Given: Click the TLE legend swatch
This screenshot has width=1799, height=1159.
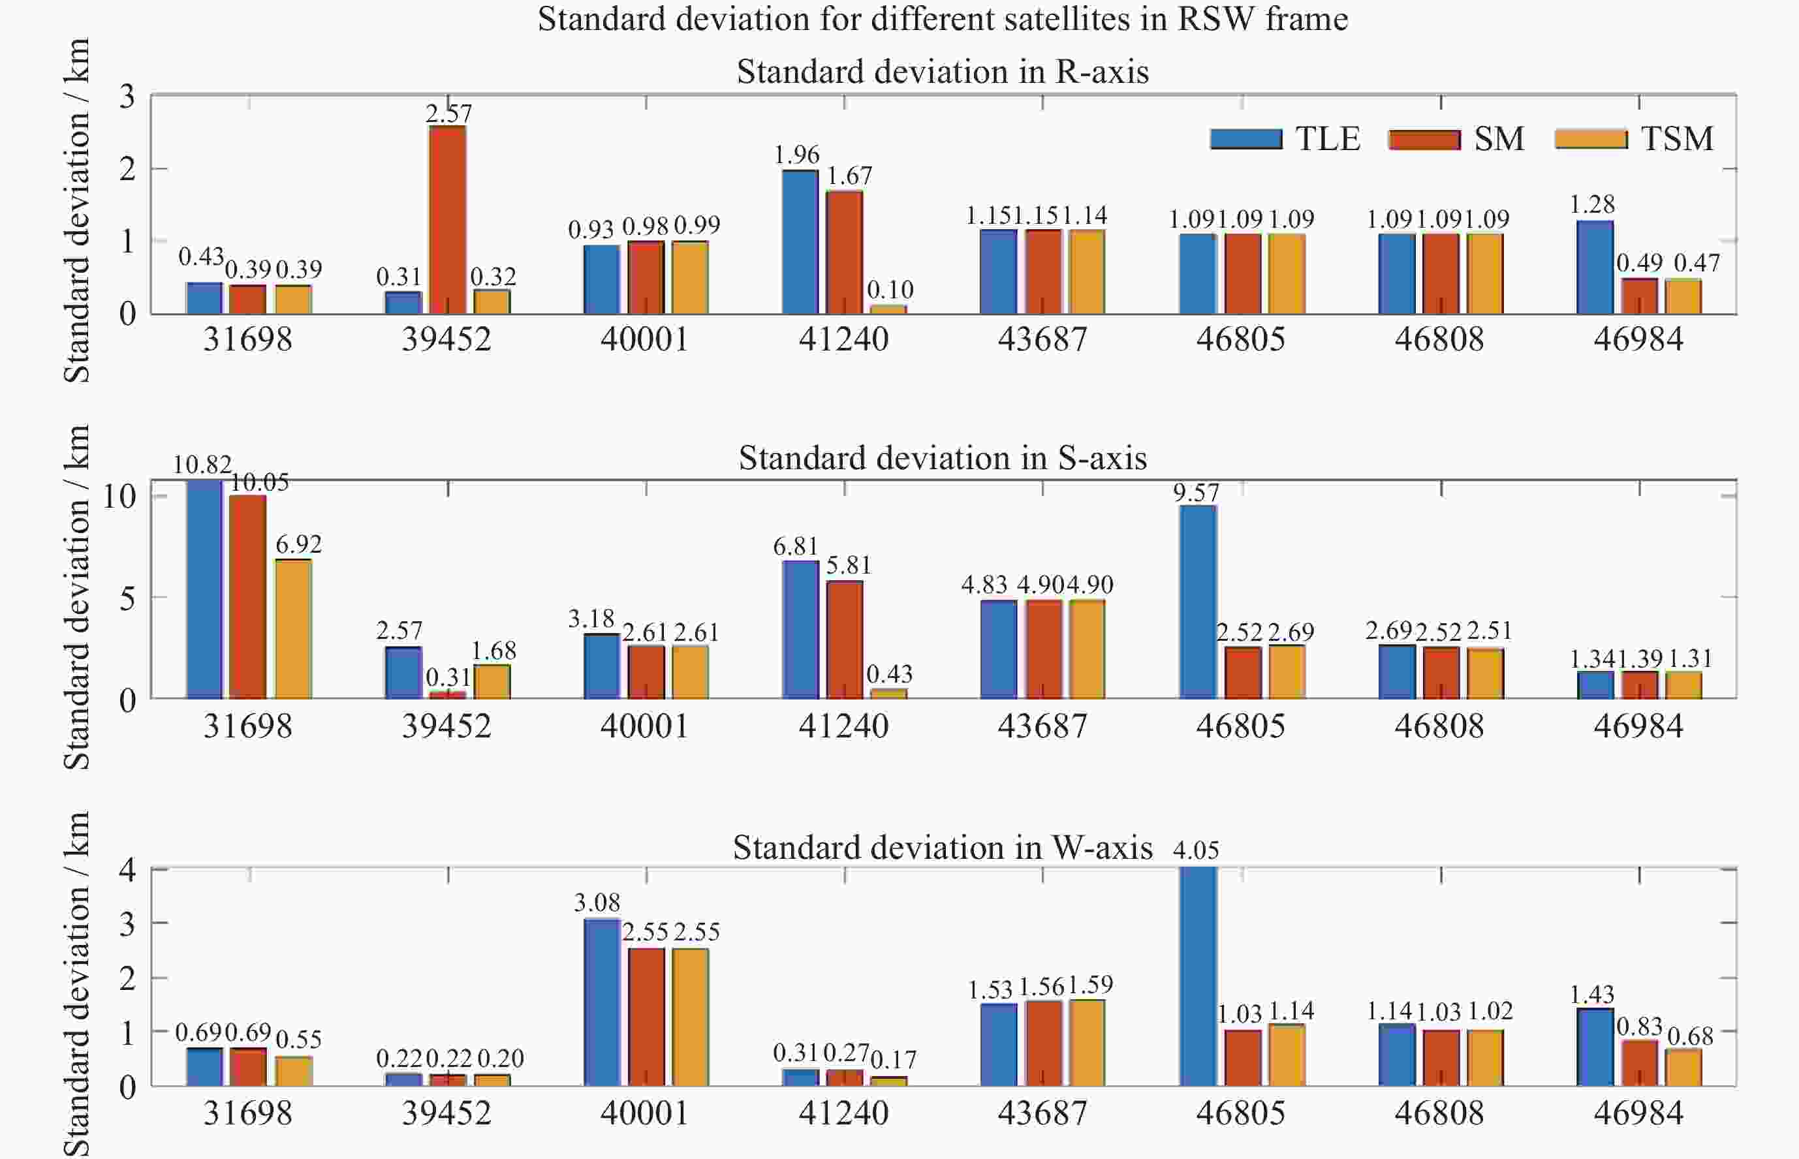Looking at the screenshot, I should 1245,139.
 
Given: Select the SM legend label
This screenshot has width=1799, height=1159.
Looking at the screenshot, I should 1499,139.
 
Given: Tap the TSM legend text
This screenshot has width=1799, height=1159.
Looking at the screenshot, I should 1677,139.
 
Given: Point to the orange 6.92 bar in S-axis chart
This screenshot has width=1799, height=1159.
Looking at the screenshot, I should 293,629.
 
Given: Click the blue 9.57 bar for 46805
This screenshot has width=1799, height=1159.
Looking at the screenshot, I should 1198,602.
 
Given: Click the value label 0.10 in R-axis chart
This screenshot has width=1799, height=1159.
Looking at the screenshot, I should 890,290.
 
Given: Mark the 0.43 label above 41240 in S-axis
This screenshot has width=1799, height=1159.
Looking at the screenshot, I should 889,673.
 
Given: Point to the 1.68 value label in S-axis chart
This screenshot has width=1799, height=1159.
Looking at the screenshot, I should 493,650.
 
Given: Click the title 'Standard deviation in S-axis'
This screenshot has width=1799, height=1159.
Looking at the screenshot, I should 943,458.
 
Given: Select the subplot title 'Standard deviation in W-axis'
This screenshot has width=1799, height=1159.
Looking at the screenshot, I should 943,848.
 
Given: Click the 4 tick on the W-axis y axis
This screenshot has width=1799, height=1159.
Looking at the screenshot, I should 127,870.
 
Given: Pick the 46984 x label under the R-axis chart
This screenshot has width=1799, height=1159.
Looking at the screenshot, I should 1638,339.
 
